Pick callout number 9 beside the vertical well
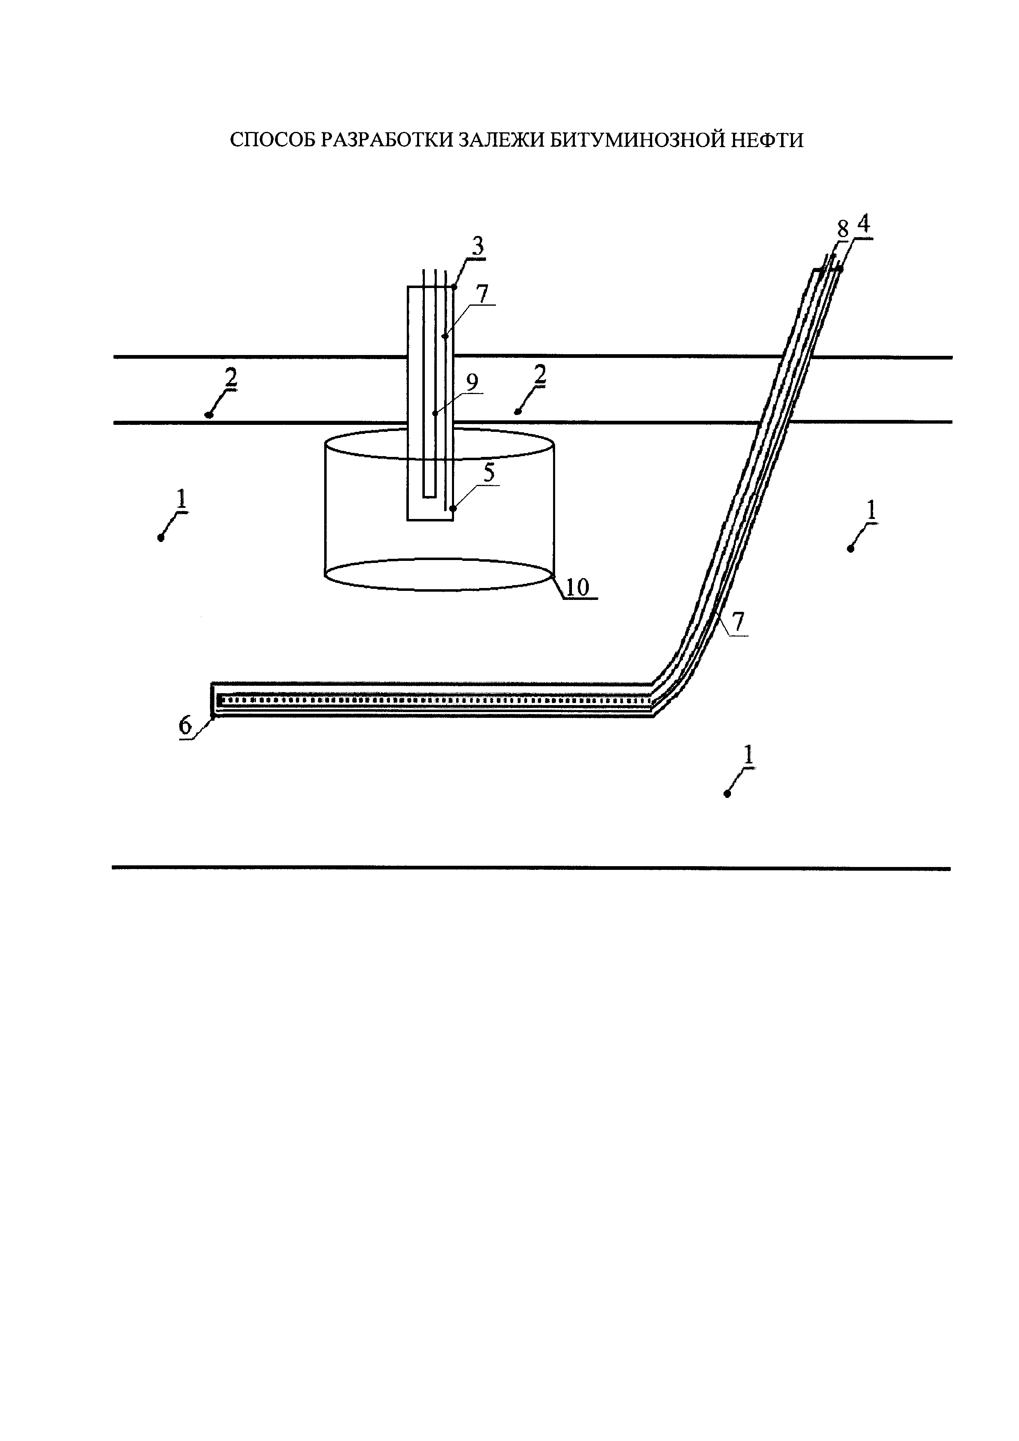(x=472, y=382)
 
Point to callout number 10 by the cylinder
(x=578, y=588)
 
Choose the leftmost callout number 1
(x=181, y=500)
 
